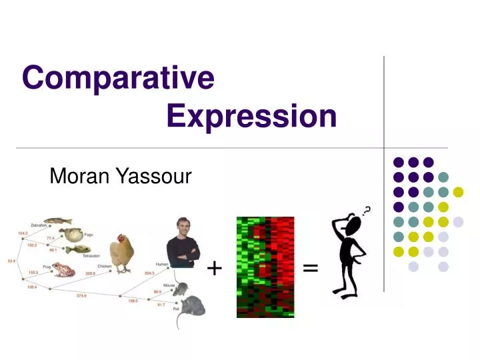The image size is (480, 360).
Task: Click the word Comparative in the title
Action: (118, 78)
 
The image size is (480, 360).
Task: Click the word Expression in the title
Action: (251, 117)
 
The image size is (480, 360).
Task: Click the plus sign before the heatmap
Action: (214, 268)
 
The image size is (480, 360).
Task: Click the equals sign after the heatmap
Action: (310, 268)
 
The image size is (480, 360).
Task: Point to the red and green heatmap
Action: (265, 267)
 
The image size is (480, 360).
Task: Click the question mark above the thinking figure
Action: (365, 213)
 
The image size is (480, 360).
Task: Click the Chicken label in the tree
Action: (105, 266)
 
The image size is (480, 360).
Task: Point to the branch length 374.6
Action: (83, 295)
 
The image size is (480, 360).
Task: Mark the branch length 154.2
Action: (23, 233)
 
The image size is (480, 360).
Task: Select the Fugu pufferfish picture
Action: (71, 236)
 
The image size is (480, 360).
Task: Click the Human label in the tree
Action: (161, 263)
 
